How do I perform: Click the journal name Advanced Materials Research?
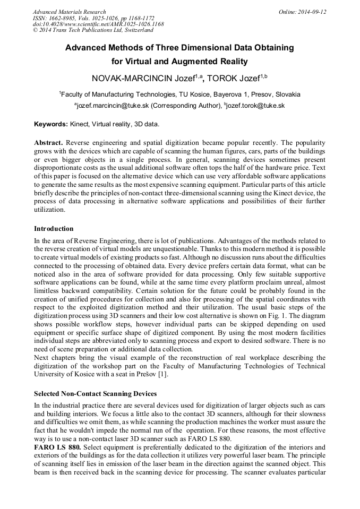pyautogui.click(x=70, y=12)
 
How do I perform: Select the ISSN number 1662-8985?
pyautogui.click(x=63, y=18)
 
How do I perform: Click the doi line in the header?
pyautogui.click(x=98, y=24)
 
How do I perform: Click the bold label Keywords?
pyautogui.click(x=51, y=124)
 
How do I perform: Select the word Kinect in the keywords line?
pyautogui.click(x=79, y=124)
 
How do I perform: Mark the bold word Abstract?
pyautogui.click(x=49, y=143)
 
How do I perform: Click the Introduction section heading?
pyautogui.click(x=54, y=229)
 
